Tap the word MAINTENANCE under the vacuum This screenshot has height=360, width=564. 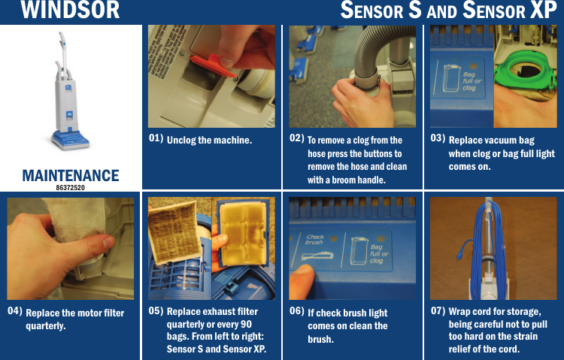[70, 175]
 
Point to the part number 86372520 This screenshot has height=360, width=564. [70, 186]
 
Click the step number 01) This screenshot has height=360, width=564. [156, 138]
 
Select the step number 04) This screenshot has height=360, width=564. [14, 310]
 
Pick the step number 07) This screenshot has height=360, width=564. [437, 310]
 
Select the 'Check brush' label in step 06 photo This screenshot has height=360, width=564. [315, 240]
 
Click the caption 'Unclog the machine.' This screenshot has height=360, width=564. [209, 141]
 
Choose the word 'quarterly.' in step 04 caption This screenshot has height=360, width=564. [46, 326]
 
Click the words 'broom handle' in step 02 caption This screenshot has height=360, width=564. [359, 180]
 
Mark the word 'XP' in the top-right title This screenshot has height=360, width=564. [543, 11]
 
